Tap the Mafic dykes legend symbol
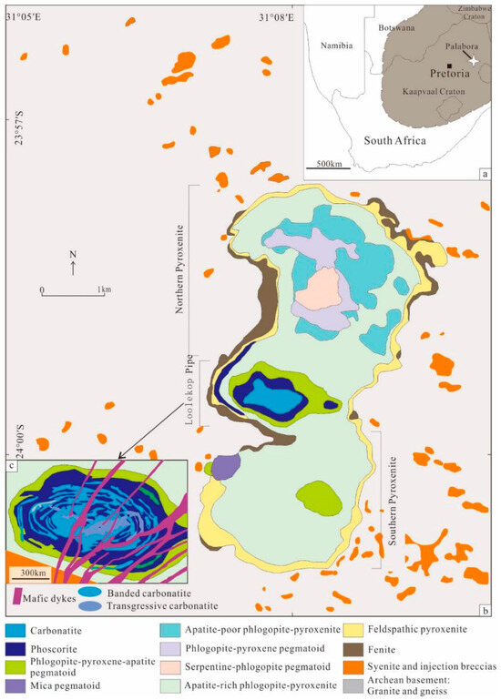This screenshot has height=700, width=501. [14, 595]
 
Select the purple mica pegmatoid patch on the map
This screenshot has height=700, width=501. [224, 468]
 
